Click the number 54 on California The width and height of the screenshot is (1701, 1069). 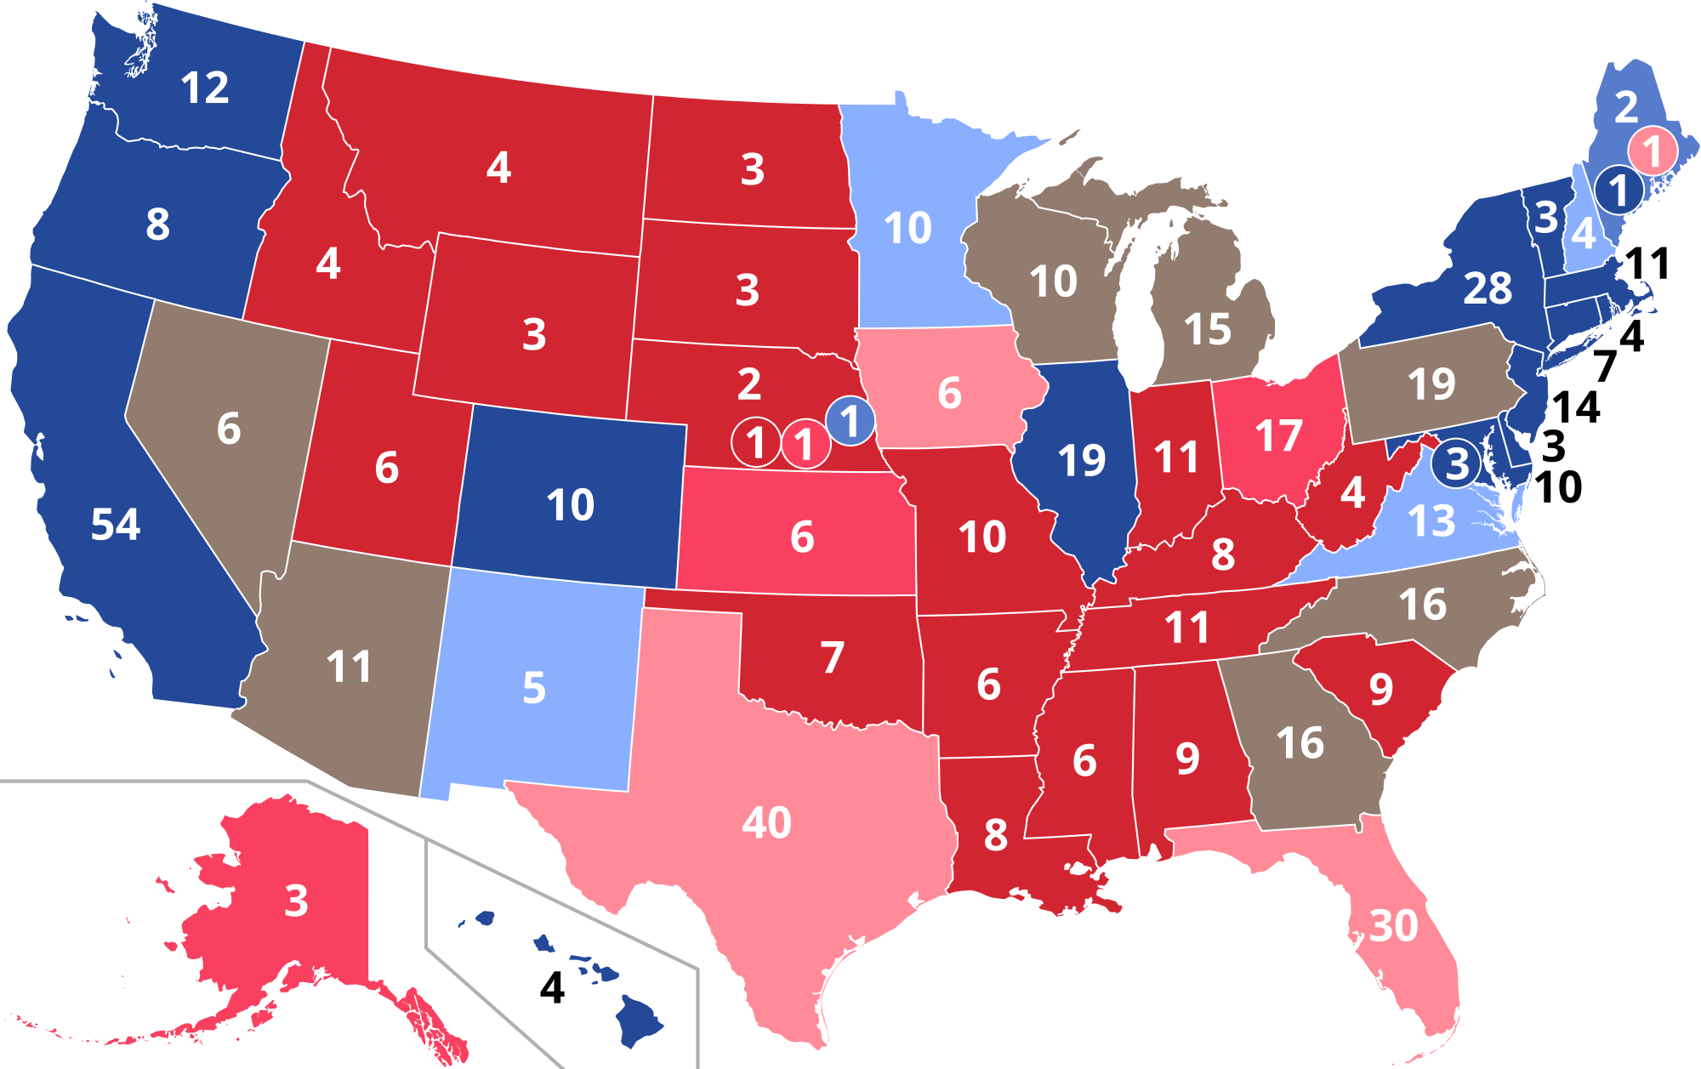click(116, 524)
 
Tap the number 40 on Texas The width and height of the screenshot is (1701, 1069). click(766, 822)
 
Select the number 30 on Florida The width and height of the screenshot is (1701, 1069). click(1393, 925)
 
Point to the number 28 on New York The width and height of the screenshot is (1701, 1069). click(1488, 288)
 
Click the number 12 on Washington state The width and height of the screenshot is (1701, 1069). click(205, 88)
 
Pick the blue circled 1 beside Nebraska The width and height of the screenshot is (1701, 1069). click(850, 421)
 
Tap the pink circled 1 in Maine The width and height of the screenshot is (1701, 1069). click(1652, 151)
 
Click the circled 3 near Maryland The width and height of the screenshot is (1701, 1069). click(1457, 464)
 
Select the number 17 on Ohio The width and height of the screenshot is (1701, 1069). click(1278, 435)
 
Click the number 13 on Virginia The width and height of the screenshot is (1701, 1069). click(1431, 521)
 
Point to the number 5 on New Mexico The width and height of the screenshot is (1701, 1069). click(533, 687)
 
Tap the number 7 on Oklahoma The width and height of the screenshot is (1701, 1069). click(833, 657)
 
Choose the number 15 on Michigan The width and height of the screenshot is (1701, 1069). click(1207, 329)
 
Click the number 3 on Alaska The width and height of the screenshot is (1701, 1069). click(296, 901)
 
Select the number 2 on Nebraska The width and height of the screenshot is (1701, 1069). click(748, 384)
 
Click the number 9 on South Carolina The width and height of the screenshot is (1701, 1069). click(1380, 689)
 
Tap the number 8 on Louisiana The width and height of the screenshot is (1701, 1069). click(995, 834)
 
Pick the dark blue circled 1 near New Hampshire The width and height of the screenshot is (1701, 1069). click(1619, 190)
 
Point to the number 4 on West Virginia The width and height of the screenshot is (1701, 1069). click(1352, 492)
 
